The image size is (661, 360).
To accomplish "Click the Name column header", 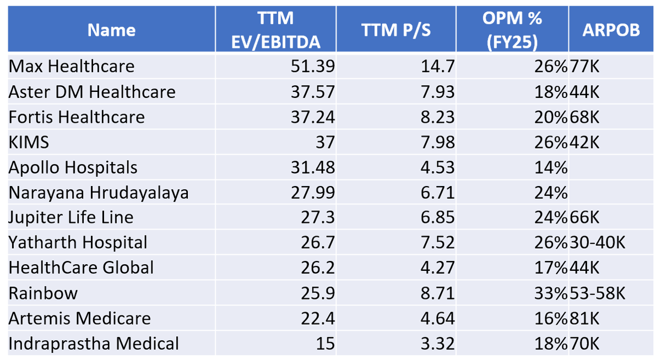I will tap(111, 30).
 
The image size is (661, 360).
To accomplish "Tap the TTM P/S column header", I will tap(396, 30).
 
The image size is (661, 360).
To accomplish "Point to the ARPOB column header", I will tap(611, 30).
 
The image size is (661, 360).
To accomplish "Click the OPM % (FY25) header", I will tap(512, 30).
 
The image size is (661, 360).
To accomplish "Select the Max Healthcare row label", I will tap(72, 67).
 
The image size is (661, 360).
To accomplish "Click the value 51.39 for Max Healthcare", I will tap(312, 67).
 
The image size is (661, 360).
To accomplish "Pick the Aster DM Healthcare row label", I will tap(92, 92).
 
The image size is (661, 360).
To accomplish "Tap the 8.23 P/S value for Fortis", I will tap(437, 117).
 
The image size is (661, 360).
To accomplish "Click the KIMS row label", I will tap(29, 143).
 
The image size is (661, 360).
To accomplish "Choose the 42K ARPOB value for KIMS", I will tap(584, 143).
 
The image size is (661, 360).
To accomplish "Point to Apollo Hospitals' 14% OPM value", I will tap(550, 168).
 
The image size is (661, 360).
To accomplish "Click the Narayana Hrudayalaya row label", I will tap(99, 193).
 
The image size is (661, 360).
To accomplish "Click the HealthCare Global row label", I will tap(81, 268).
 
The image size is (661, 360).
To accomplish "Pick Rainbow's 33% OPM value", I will tap(550, 293).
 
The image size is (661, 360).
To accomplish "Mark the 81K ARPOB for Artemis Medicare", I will tap(584, 319).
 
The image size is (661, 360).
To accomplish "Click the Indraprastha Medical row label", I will tap(94, 344).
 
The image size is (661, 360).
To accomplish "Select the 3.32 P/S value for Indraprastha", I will tap(437, 344).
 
